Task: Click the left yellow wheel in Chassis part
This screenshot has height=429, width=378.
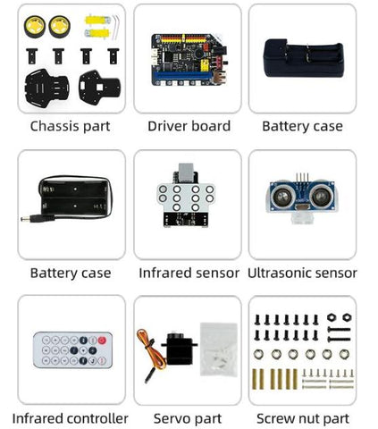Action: pyautogui.click(x=35, y=27)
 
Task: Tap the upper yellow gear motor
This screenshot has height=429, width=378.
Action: pyautogui.click(x=97, y=21)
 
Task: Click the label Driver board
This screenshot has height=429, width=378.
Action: pyautogui.click(x=189, y=126)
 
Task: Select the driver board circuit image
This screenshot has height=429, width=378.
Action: pyautogui.click(x=189, y=59)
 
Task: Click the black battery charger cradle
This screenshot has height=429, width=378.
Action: pyautogui.click(x=303, y=59)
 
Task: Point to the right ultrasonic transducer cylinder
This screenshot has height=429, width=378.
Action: pyautogui.click(x=321, y=196)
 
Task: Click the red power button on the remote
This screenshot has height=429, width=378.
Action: pyautogui.click(x=102, y=341)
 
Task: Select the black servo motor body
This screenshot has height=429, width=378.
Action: pyautogui.click(x=179, y=349)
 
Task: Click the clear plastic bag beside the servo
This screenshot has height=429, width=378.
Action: pyautogui.click(x=219, y=349)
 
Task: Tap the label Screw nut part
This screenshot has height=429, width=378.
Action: pyautogui.click(x=303, y=418)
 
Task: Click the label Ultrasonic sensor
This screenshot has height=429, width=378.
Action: pyautogui.click(x=302, y=273)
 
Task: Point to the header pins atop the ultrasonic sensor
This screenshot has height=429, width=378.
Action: pyautogui.click(x=302, y=177)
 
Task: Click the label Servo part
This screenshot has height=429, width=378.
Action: pyautogui.click(x=188, y=418)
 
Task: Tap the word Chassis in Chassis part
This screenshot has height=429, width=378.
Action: pyautogui.click(x=55, y=126)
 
